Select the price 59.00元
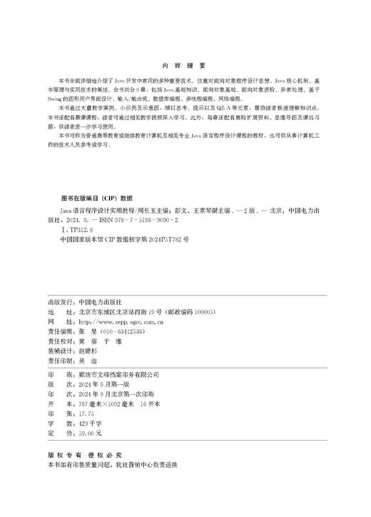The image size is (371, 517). click(x=86, y=433)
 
